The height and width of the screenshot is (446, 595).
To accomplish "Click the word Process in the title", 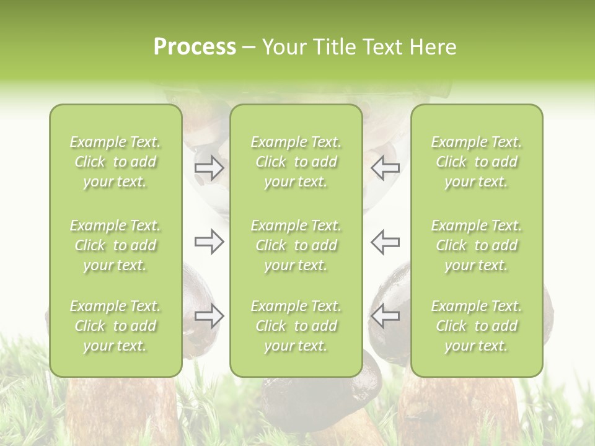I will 195,47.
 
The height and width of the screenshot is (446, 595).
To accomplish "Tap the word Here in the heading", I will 433,47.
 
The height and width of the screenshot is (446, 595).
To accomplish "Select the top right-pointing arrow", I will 209,167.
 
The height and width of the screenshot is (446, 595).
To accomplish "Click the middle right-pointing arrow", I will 209,242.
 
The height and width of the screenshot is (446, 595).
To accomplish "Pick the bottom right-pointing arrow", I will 209,316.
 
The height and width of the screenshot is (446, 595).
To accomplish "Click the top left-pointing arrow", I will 385,167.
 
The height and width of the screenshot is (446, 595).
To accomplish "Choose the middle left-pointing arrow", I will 385,242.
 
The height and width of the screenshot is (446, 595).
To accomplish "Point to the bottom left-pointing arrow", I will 385,316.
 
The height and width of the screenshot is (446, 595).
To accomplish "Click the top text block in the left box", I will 115,162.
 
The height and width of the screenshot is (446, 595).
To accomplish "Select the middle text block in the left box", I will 115,245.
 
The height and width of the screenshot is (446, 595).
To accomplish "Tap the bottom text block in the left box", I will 115,326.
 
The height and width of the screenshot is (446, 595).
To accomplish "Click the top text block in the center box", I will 296,162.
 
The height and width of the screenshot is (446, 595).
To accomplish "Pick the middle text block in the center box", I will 296,245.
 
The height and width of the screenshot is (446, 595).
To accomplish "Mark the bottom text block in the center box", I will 296,326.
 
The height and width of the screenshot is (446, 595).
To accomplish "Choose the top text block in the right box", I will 476,162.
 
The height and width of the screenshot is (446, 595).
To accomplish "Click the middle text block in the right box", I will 476,245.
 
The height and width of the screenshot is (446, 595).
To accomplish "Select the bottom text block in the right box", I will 476,326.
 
